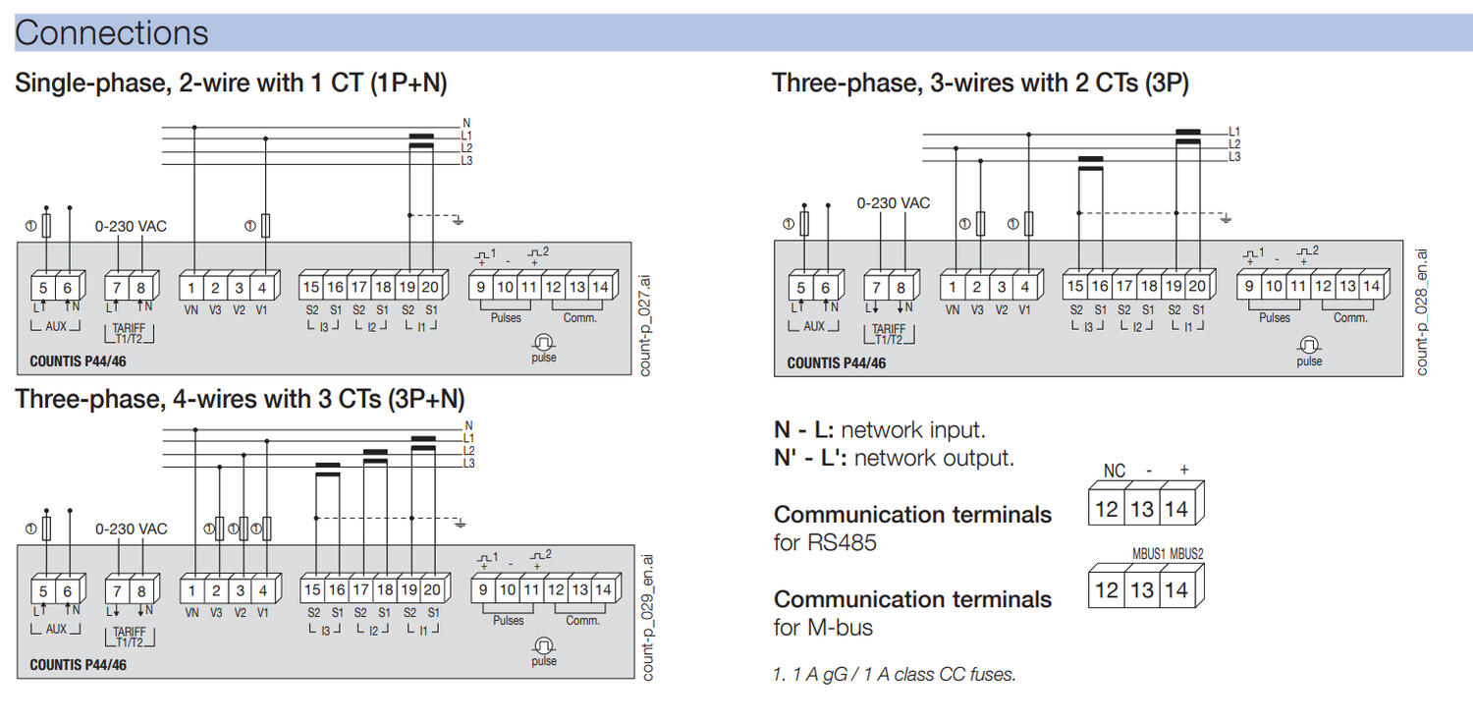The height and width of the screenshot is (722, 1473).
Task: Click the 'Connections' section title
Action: [111, 33]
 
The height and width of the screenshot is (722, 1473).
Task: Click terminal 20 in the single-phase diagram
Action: [431, 288]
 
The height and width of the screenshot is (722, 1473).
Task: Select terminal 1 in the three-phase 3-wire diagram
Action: [952, 288]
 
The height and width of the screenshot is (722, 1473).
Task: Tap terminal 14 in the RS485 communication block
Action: [1176, 509]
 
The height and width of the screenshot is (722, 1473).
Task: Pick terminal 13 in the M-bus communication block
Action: [1141, 590]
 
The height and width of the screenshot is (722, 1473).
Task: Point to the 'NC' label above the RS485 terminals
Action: [1114, 472]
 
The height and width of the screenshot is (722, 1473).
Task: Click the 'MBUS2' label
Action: [1186, 554]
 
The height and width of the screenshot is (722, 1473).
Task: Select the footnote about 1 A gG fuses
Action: [895, 675]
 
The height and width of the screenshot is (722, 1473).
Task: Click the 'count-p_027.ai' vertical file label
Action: [645, 325]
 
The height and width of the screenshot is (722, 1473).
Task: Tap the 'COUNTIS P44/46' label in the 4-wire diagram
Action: [78, 665]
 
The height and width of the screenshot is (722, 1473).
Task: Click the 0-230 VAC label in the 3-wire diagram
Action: [893, 203]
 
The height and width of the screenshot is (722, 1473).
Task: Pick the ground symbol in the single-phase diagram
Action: [458, 219]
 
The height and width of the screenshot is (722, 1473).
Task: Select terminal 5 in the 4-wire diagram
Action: [43, 591]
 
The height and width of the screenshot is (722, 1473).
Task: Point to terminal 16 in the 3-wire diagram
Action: [1099, 287]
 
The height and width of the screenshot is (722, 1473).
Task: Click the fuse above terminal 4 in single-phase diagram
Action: [265, 226]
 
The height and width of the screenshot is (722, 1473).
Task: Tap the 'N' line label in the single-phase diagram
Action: [466, 124]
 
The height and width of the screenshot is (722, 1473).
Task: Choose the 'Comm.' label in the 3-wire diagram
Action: [1350, 318]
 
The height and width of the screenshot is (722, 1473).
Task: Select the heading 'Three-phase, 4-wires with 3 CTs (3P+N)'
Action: [241, 399]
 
